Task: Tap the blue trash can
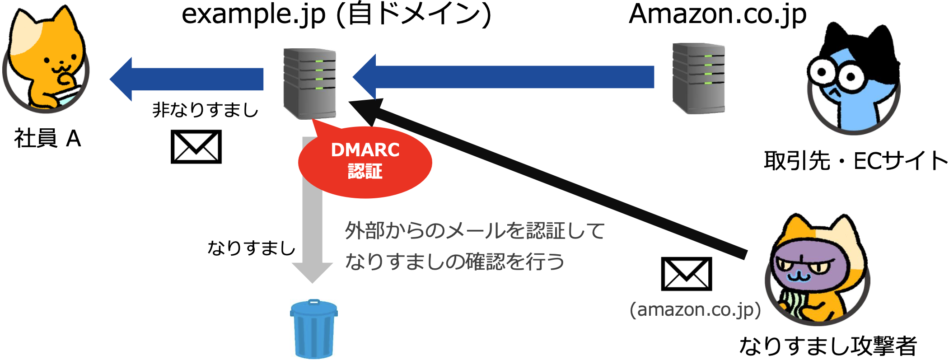click(313, 329)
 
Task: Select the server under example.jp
click(309, 84)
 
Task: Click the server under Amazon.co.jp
click(698, 78)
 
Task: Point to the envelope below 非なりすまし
click(196, 147)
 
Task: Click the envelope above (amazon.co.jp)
click(686, 274)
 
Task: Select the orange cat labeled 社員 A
click(46, 59)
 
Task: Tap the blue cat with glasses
click(853, 79)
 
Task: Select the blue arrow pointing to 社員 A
click(187, 79)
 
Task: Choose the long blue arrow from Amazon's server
click(503, 77)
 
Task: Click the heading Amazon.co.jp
click(717, 14)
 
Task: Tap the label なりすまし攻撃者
click(827, 346)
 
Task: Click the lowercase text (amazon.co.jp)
click(695, 310)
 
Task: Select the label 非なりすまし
click(206, 110)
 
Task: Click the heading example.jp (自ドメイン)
click(337, 14)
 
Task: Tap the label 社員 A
click(47, 138)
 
